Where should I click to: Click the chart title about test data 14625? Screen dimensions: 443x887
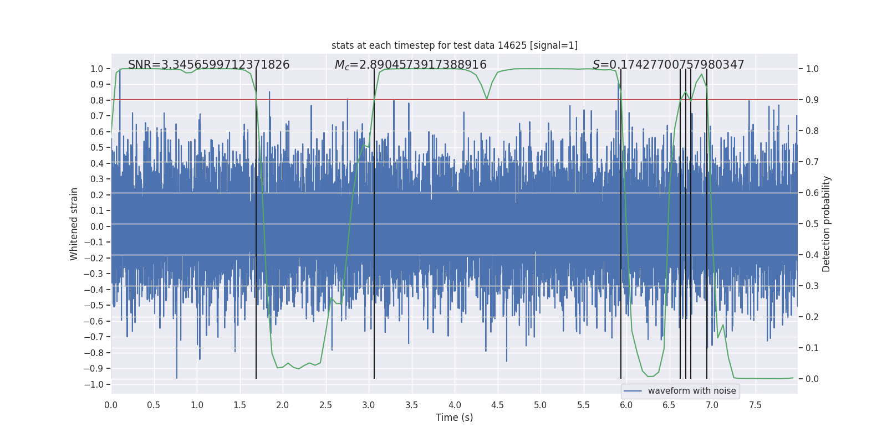454,45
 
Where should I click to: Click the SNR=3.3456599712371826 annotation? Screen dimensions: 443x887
208,65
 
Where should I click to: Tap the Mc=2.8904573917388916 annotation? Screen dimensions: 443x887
410,65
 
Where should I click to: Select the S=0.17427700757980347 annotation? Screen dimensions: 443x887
668,65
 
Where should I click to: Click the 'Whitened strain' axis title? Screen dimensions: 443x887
74,224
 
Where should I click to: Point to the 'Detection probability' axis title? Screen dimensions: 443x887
827,224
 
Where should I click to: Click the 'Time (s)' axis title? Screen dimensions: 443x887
454,418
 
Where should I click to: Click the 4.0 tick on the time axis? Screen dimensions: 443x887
455,405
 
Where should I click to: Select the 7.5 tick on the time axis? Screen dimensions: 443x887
755,405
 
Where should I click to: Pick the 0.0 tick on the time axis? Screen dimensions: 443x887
111,405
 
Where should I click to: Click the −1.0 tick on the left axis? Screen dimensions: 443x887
96,384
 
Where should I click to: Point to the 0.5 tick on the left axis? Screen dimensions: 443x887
97,147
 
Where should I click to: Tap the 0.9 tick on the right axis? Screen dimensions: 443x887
812,100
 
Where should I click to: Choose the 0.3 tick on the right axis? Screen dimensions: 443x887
812,286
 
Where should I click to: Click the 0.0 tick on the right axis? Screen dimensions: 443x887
812,379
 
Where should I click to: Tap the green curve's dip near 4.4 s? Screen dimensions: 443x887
487,99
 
